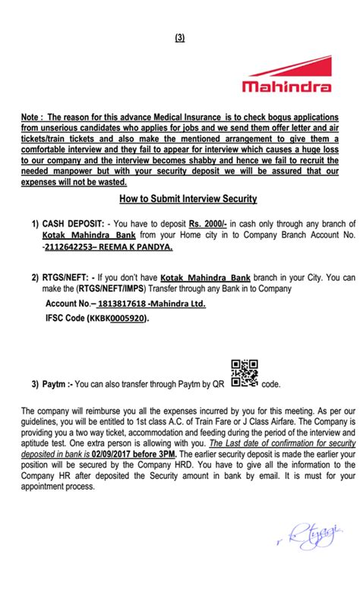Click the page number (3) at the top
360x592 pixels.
pyautogui.click(x=180, y=37)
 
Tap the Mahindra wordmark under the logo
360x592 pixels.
pyautogui.click(x=287, y=87)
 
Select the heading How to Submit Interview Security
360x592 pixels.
pyautogui.click(x=188, y=199)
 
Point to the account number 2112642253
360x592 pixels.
pyautogui.click(x=75, y=247)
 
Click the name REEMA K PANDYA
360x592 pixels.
pyautogui.click(x=142, y=247)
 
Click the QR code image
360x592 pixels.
pyautogui.click(x=245, y=373)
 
